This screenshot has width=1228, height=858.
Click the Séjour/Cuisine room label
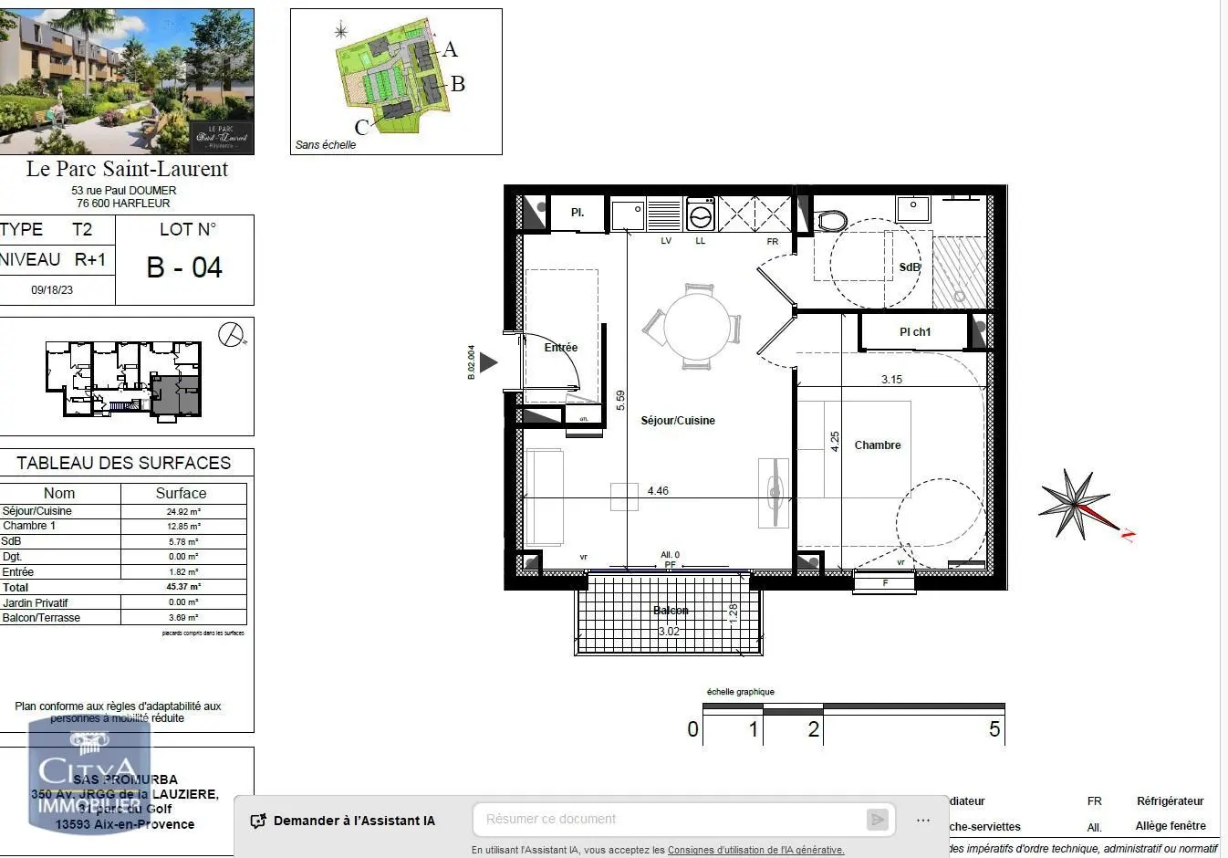[x=677, y=421]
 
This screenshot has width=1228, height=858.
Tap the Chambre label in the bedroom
[x=877, y=445]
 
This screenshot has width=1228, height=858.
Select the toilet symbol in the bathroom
[x=831, y=221]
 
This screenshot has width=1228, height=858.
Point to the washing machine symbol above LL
[x=701, y=217]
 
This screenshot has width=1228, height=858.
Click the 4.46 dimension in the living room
[x=658, y=491]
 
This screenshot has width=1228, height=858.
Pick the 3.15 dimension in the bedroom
[x=891, y=380]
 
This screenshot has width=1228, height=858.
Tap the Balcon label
[x=671, y=611]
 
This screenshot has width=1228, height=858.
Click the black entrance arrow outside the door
[x=488, y=362]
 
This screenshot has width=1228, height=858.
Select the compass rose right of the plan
[x=1077, y=504]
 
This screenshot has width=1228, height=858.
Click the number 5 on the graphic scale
[x=994, y=729]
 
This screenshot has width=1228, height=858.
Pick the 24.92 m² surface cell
[x=183, y=512]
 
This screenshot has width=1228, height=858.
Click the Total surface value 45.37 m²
[x=183, y=587]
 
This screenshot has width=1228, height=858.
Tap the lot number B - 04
[x=184, y=267]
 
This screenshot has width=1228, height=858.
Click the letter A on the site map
[x=450, y=49]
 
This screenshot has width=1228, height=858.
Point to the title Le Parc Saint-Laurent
[x=127, y=169]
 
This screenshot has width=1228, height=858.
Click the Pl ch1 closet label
[x=915, y=332]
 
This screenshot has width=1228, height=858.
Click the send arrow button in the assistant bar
[x=877, y=820]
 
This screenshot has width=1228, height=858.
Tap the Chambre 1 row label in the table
[x=29, y=526]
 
